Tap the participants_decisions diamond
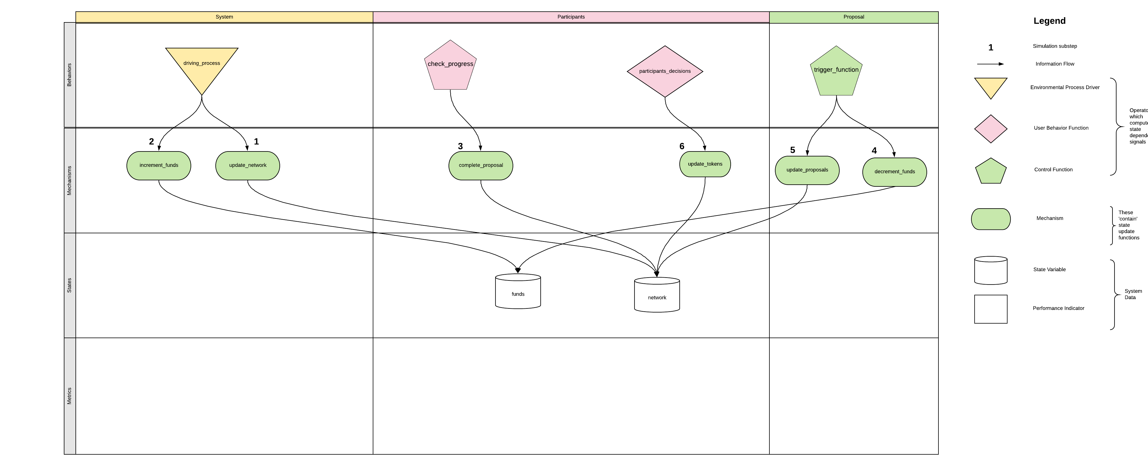pyautogui.click(x=664, y=71)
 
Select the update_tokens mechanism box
pyautogui.click(x=705, y=164)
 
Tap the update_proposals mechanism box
pyautogui.click(x=807, y=170)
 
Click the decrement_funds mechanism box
pyautogui.click(x=894, y=172)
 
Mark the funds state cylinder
pyautogui.click(x=518, y=292)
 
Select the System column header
pyautogui.click(x=224, y=17)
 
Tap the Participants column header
pyautogui.click(x=571, y=17)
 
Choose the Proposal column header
pyautogui.click(x=853, y=17)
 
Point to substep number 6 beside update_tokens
pyautogui.click(x=682, y=146)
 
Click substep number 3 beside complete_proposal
pyautogui.click(x=460, y=146)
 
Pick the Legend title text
pyautogui.click(x=1049, y=21)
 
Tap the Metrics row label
pyautogui.click(x=70, y=396)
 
